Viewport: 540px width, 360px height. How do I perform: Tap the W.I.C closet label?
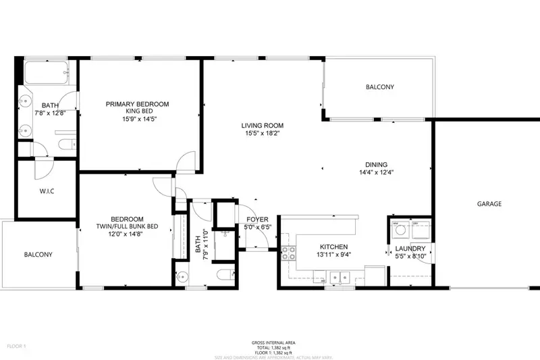(47, 191)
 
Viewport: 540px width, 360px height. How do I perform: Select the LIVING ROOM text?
(263, 126)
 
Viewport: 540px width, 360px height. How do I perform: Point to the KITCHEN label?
(334, 247)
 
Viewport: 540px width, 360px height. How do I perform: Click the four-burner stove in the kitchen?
(289, 253)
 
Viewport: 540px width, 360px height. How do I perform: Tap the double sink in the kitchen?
(337, 276)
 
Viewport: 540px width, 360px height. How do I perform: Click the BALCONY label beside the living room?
(379, 87)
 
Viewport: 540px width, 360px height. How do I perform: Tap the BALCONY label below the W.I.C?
(38, 255)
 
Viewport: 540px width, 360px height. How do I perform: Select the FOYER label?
(256, 220)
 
